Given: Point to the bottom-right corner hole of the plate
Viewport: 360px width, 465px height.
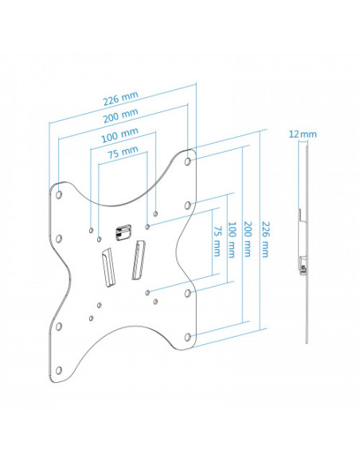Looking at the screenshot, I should [188, 338].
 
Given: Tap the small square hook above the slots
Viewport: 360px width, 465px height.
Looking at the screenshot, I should [122, 232].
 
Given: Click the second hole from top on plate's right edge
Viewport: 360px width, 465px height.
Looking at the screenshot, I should [188, 205].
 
